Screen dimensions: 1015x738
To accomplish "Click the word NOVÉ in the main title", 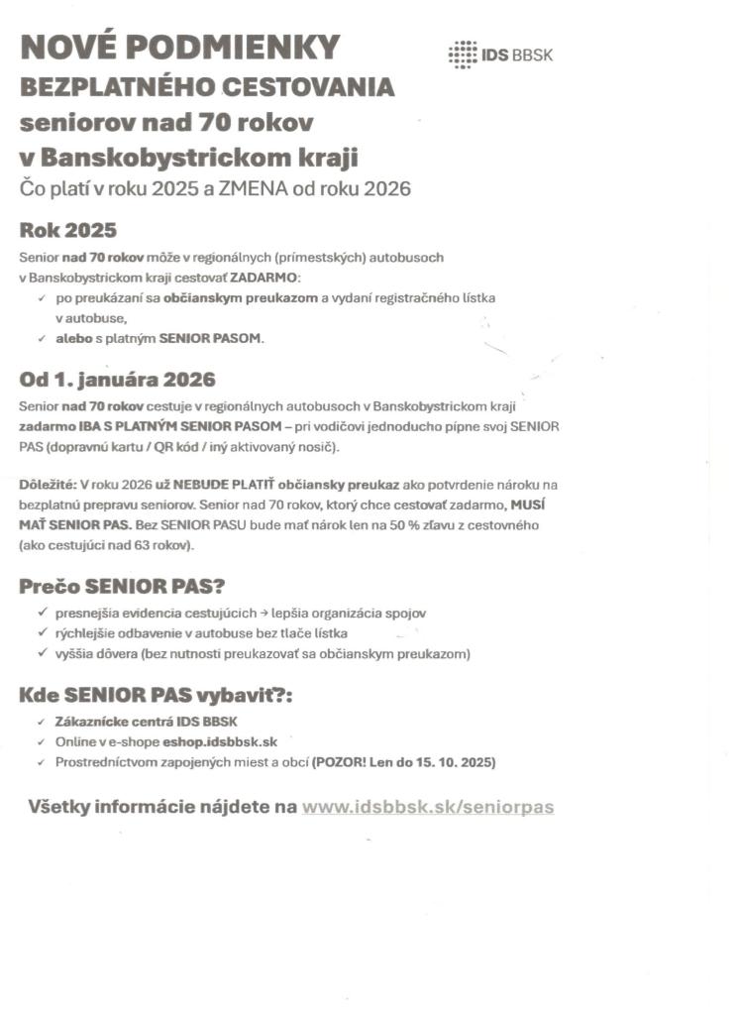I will (68, 48).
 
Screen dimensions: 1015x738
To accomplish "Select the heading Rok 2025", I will (68, 231).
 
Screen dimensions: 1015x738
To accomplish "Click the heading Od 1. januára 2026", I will (117, 380).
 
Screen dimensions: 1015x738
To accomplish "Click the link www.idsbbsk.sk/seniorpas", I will (428, 807).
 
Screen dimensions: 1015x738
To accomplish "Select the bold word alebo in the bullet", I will (73, 339).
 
